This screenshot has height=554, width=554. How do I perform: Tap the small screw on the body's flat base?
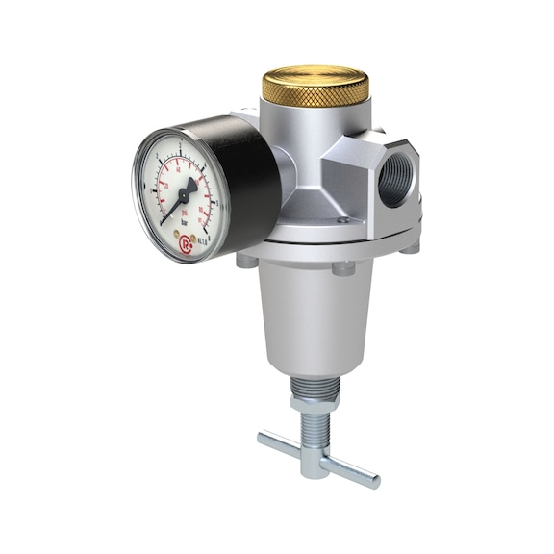pos(342,220)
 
